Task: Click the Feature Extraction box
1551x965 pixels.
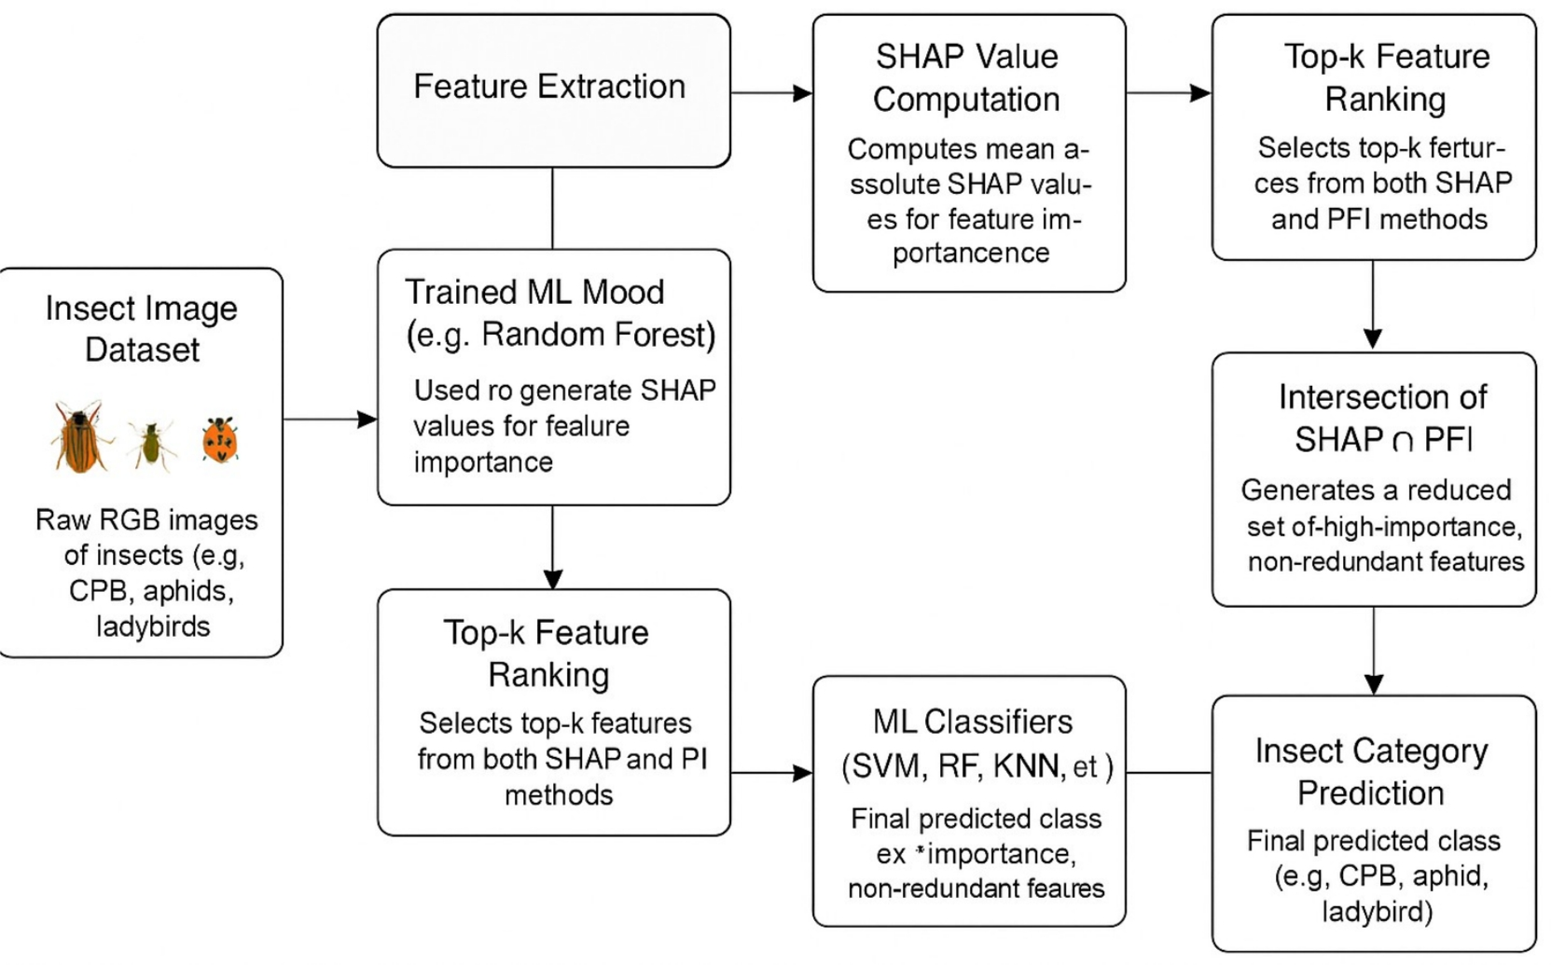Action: point(553,90)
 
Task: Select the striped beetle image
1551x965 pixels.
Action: point(79,436)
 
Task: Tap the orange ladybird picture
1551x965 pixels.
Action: point(220,440)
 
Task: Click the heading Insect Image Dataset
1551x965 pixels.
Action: point(142,328)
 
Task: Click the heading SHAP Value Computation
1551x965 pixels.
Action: point(966,78)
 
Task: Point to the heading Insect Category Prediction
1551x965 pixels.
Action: point(1371,772)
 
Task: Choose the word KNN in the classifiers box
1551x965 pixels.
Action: point(1029,766)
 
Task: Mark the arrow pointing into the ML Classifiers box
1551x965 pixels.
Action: point(772,773)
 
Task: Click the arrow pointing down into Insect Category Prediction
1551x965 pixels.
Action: point(1374,653)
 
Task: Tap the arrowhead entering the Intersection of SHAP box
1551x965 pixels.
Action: point(1373,338)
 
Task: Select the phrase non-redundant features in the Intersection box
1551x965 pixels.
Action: point(1386,562)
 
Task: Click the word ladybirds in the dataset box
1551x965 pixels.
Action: point(153,627)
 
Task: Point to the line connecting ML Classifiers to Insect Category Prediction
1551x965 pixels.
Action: point(1169,773)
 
